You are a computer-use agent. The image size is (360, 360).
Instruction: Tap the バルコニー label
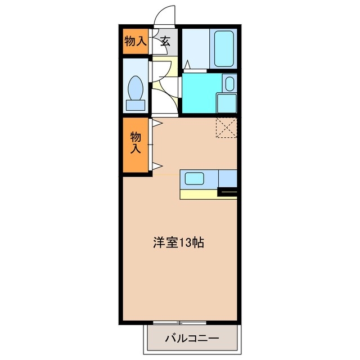point(192,339)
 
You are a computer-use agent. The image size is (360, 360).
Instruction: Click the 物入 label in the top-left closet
point(136,41)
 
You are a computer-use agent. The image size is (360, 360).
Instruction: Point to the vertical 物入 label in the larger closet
point(136,143)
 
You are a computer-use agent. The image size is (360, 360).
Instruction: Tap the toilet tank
point(136,105)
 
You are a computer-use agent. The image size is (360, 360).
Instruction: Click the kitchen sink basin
point(195,179)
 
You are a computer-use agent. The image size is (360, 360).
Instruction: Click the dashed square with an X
point(227,128)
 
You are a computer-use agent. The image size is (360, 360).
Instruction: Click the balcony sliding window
point(179,323)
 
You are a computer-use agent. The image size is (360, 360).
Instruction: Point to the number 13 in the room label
point(184,243)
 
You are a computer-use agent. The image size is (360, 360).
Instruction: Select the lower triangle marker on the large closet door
point(157,165)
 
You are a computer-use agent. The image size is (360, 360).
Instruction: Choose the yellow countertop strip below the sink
point(199,195)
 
